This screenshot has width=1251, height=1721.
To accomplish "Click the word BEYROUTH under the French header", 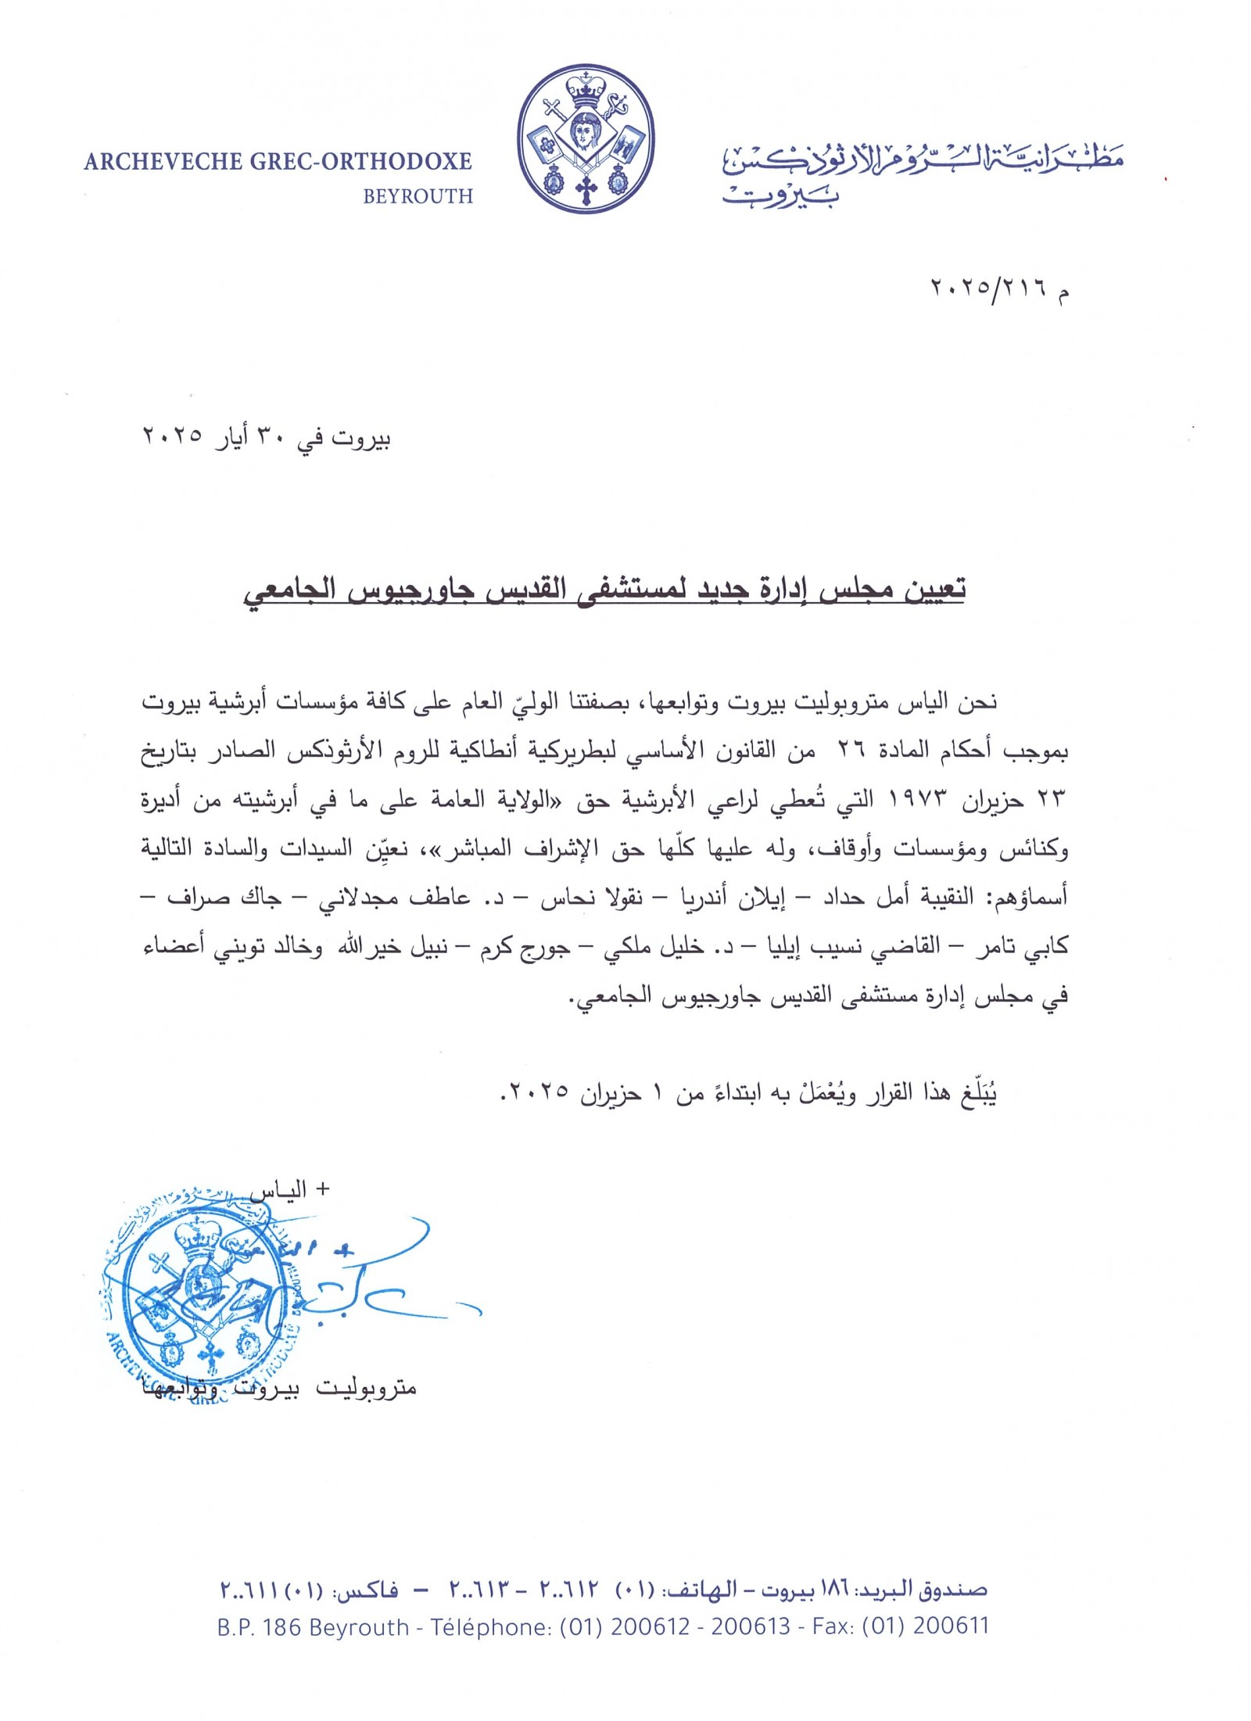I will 418,196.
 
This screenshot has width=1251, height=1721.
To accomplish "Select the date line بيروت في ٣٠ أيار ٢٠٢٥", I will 265,437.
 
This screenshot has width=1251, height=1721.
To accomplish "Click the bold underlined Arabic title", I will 603,586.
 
